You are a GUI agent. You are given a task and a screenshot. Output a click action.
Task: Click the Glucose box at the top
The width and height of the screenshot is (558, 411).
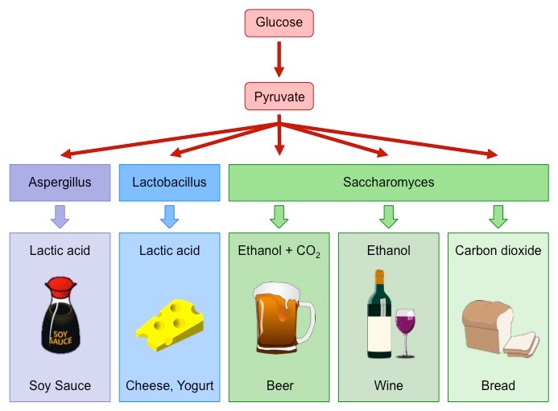coord(279,23)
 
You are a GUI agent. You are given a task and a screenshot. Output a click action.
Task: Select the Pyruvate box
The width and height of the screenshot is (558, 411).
coord(279,97)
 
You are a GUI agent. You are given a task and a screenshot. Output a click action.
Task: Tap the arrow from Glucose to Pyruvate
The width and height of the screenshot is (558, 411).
coord(279,60)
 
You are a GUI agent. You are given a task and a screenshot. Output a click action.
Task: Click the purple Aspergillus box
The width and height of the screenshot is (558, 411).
coord(60,183)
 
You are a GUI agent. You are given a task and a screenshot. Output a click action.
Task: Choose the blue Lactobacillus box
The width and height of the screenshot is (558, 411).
coord(169,183)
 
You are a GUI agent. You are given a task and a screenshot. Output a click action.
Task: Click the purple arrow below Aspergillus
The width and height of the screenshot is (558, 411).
coord(60,216)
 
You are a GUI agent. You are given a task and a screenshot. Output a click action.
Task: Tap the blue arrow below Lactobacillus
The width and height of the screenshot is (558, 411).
coord(169,216)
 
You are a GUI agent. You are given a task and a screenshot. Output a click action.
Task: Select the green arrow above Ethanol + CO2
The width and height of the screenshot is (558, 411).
coord(279,216)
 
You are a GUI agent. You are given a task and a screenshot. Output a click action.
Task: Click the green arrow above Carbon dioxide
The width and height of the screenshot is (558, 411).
coord(498,216)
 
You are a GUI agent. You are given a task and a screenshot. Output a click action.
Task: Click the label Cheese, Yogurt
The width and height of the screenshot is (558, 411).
coord(169,385)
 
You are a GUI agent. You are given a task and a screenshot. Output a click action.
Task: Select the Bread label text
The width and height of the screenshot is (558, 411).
coord(498,385)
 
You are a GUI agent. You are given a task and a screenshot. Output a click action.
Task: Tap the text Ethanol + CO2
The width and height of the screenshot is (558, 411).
coord(279,251)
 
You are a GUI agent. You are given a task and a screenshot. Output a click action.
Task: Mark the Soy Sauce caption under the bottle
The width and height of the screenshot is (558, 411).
coord(60,385)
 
